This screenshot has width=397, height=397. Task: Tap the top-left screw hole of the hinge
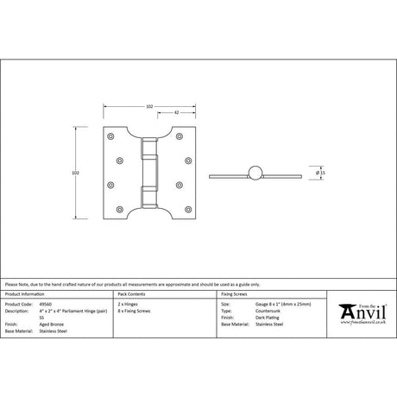[x=110, y=137]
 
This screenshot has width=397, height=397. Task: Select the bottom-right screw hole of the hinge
[x=191, y=209]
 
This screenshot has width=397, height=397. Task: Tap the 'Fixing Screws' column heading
[x=236, y=295]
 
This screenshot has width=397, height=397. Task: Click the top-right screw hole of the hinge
[x=191, y=137]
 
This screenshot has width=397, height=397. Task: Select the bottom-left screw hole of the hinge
[x=110, y=209]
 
